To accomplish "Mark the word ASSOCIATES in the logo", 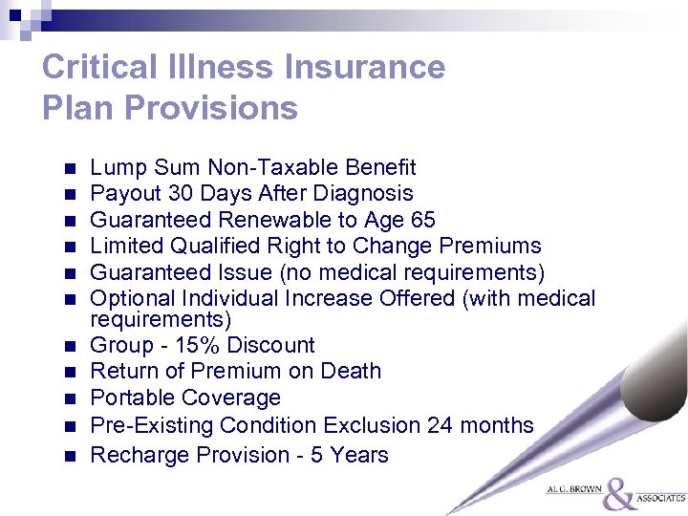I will (x=661, y=498).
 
